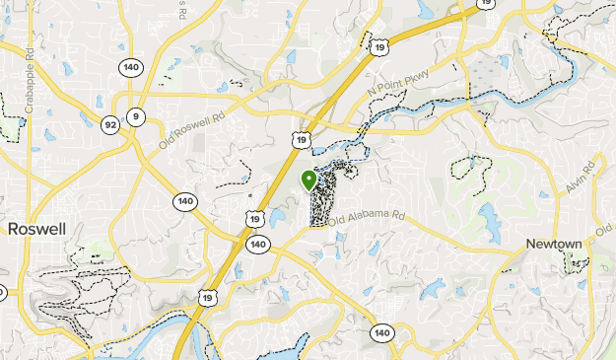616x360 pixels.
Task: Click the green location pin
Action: [308, 180]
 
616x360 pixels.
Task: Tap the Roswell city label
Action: [35, 228]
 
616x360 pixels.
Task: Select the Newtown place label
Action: [553, 244]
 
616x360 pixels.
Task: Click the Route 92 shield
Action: [110, 123]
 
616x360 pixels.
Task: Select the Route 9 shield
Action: [136, 117]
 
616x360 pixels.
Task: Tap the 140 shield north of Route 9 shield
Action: [131, 67]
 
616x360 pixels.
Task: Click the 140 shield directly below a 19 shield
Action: [258, 244]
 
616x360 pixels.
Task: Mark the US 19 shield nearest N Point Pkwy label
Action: [379, 44]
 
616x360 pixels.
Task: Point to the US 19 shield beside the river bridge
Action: [207, 297]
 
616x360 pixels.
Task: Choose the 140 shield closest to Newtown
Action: [382, 334]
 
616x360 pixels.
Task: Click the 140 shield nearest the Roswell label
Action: [184, 201]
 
